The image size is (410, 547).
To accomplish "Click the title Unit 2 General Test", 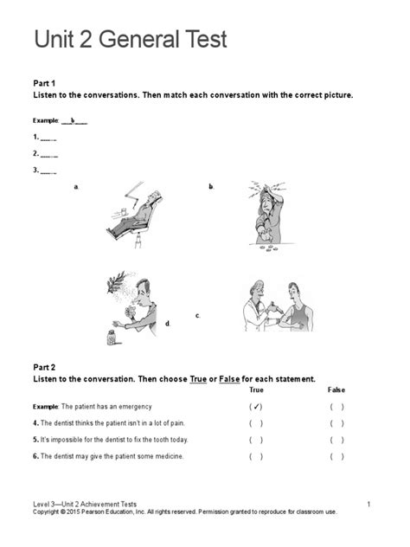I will pyautogui.click(x=130, y=41).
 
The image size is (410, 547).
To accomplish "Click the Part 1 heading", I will pyautogui.click(x=46, y=82).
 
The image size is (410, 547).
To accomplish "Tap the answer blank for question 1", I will pyautogui.click(x=50, y=138).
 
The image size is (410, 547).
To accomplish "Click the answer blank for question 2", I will pyautogui.click(x=50, y=154).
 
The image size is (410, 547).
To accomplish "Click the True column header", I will pyautogui.click(x=256, y=390).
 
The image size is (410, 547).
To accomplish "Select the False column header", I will pyautogui.click(x=336, y=390).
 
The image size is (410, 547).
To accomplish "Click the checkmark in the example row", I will pyautogui.click(x=256, y=406).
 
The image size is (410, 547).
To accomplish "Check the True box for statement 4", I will pyautogui.click(x=256, y=423).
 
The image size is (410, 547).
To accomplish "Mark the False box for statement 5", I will pyautogui.click(x=336, y=440).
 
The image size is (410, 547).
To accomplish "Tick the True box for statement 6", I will pyautogui.click(x=256, y=456).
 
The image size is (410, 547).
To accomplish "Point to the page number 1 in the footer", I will pyautogui.click(x=368, y=504).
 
